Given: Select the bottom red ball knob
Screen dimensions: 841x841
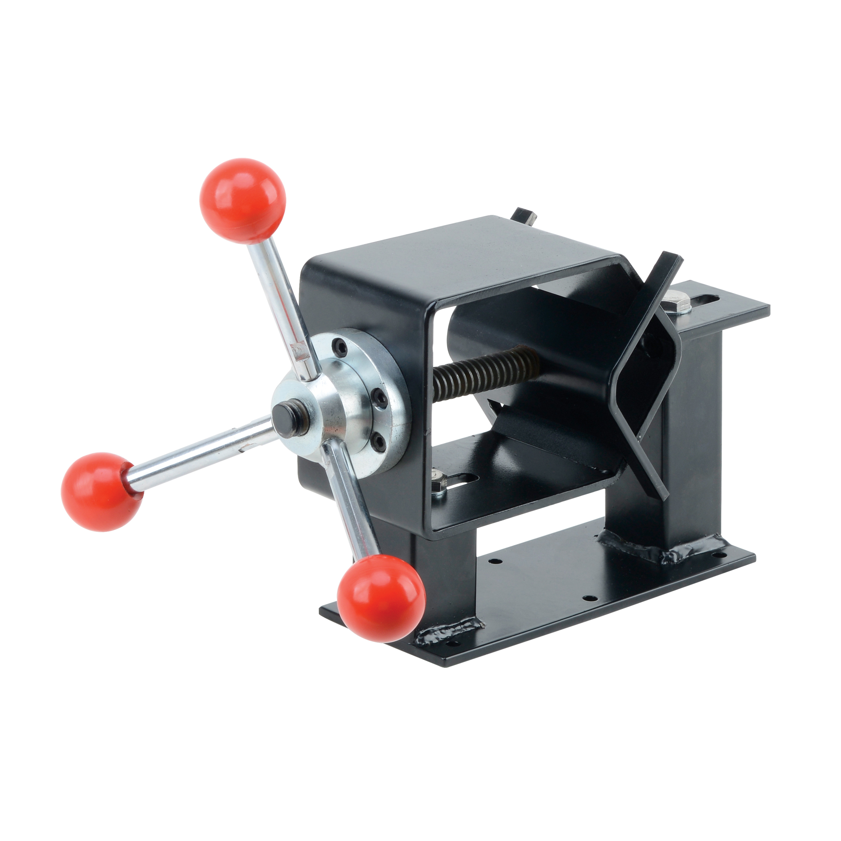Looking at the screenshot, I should tap(381, 597).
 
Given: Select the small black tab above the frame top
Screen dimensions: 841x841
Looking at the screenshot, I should tap(525, 215).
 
